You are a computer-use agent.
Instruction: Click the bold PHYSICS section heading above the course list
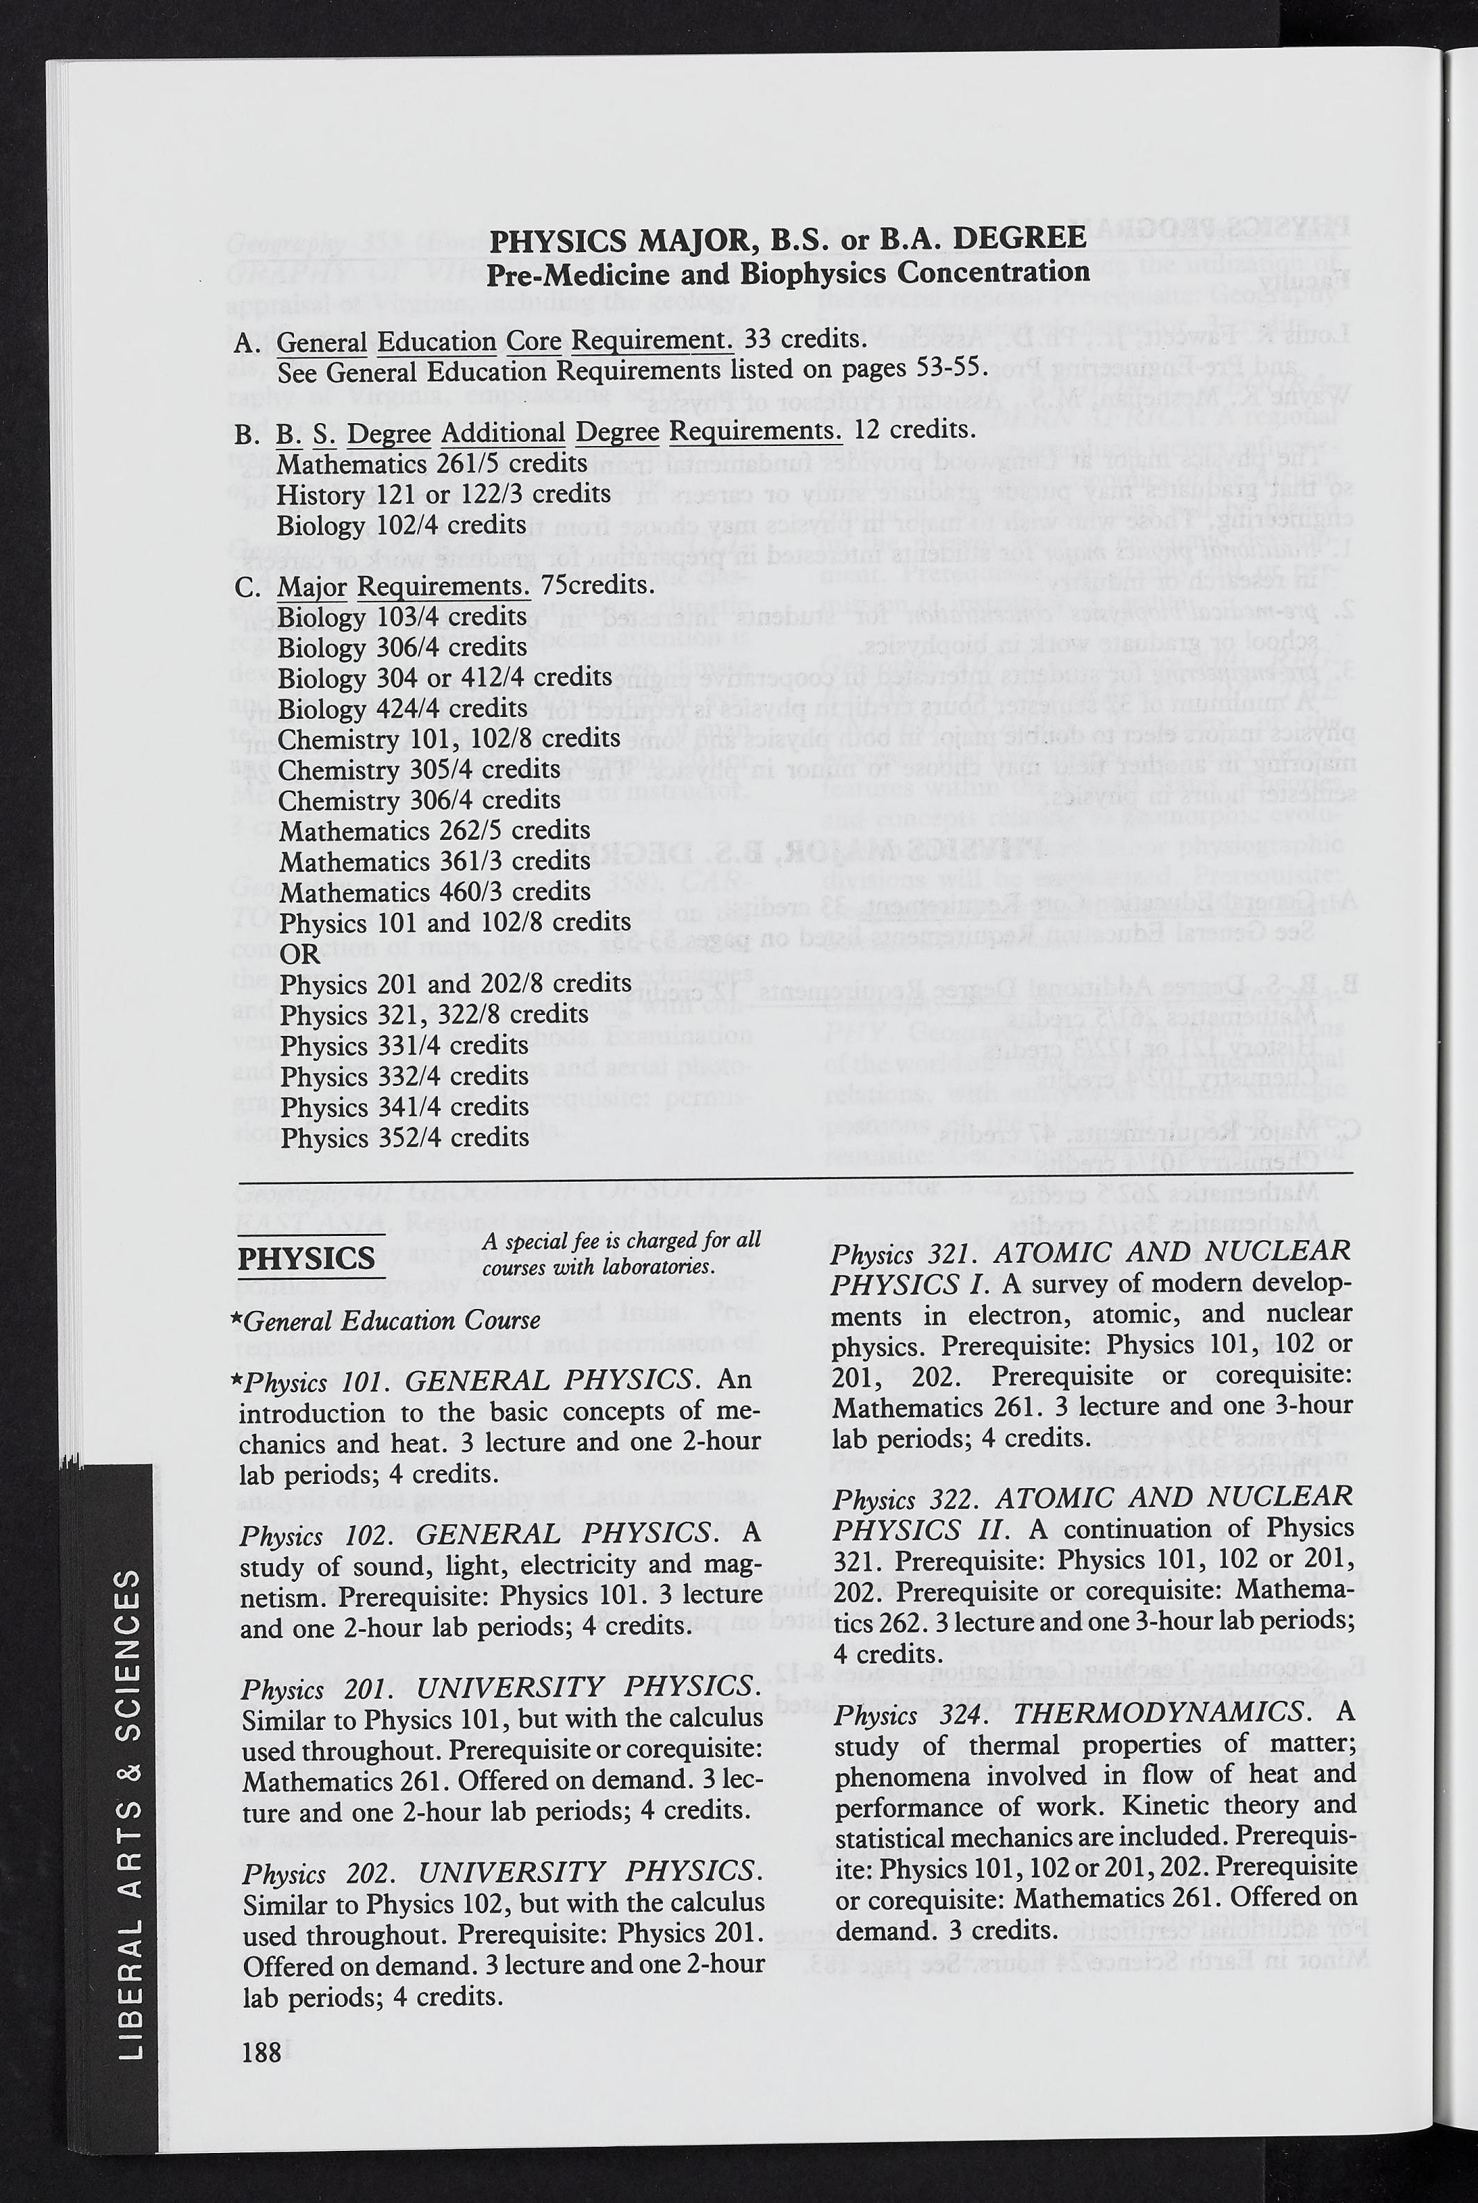coord(306,1259)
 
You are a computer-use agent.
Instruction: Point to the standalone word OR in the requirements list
coord(299,952)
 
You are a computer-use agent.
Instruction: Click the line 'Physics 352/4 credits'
coord(404,1137)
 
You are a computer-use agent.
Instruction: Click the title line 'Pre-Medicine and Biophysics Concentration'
coord(788,273)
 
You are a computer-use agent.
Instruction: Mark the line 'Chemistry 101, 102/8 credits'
coord(450,738)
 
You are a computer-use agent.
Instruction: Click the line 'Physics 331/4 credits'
coord(404,1045)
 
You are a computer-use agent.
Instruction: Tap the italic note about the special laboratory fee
coord(621,1253)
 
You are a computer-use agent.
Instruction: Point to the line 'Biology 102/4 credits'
coord(402,525)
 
